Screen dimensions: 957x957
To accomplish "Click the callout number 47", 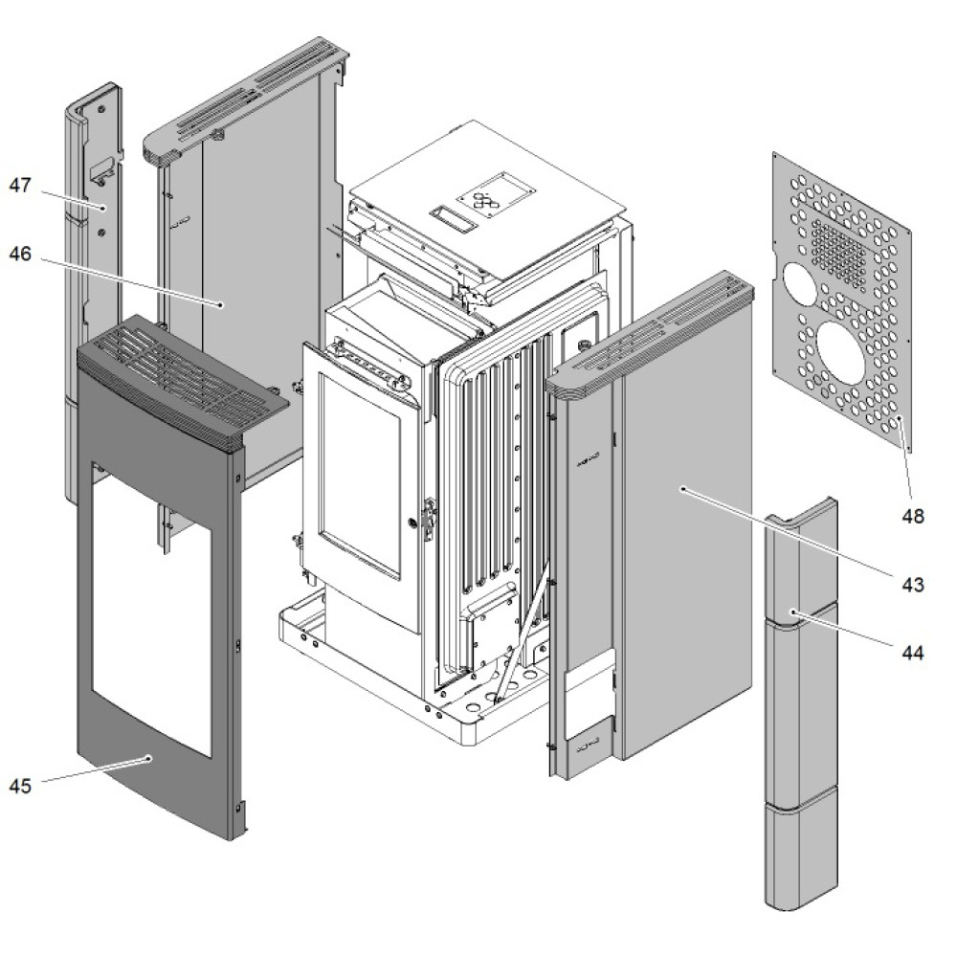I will [x=21, y=185].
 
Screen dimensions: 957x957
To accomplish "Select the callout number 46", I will [x=21, y=255].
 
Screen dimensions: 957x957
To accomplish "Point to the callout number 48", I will [x=912, y=517].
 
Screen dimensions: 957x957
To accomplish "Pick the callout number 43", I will [x=912, y=584].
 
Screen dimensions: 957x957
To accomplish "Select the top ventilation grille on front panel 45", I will [x=182, y=378].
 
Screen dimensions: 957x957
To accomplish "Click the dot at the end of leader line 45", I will [x=149, y=758].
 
